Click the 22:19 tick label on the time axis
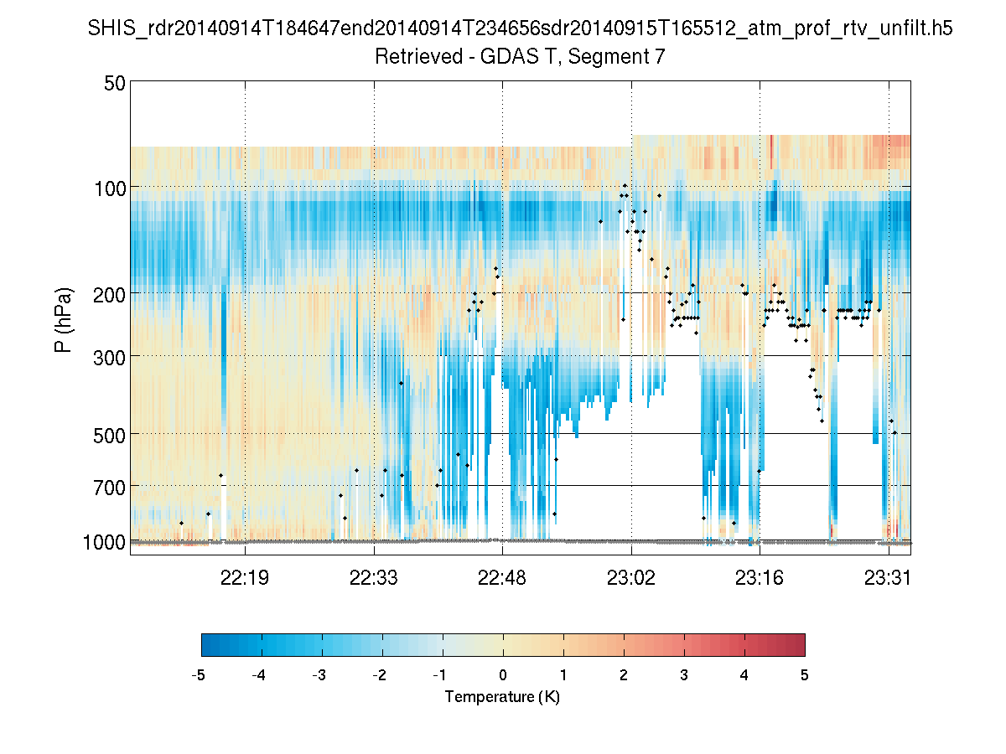(245, 577)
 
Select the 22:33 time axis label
(374, 577)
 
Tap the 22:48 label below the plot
(502, 577)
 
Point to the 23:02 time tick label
(631, 577)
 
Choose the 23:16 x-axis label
(760, 577)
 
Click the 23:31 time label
(889, 577)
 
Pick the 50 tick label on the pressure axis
(115, 82)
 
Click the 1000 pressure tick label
(105, 542)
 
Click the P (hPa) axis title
(64, 319)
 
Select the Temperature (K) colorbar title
(502, 696)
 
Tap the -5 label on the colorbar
(199, 675)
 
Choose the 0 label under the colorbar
(502, 675)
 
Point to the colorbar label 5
(805, 675)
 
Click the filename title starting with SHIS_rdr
(520, 29)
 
